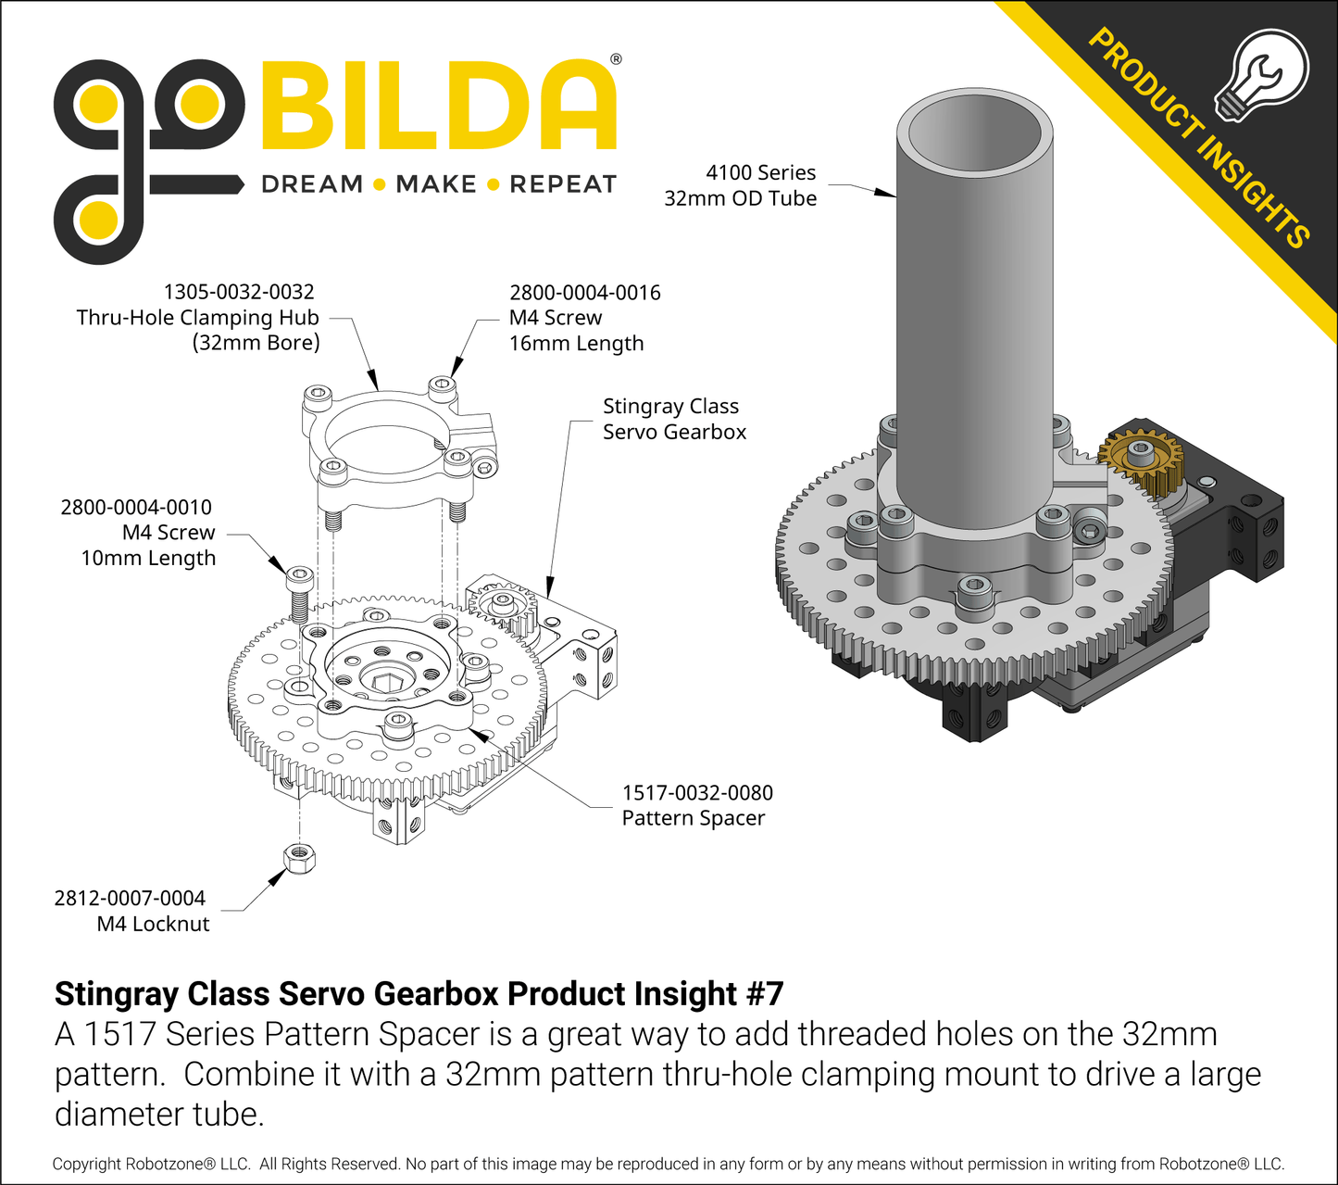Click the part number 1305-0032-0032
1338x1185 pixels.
(239, 292)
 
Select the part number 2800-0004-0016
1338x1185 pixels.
(585, 293)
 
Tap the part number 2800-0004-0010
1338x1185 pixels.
(136, 508)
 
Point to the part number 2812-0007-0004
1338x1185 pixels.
(130, 898)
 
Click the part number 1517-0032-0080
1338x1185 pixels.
(697, 793)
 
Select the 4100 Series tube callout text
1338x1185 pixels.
(741, 185)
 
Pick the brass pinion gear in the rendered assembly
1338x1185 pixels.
(1141, 460)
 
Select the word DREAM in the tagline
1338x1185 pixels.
(312, 184)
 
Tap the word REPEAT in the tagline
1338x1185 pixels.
(563, 184)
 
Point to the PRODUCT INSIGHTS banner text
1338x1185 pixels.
(1198, 139)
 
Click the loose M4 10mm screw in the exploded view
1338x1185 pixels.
(300, 593)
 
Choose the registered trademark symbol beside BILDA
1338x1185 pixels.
(617, 59)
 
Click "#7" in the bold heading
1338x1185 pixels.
(765, 994)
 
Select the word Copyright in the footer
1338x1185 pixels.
(86, 1165)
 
